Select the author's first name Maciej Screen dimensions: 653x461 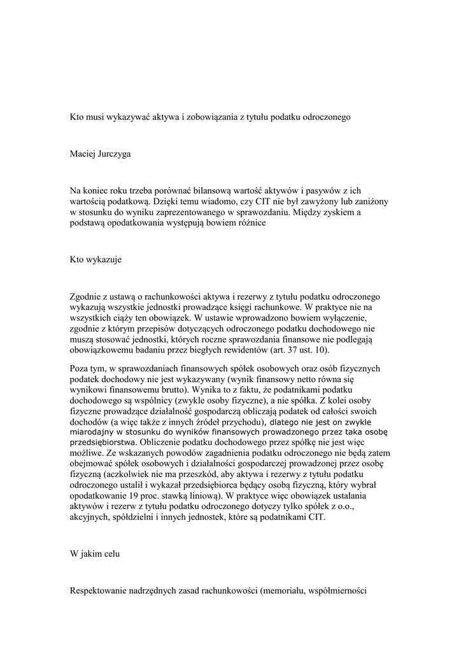pyautogui.click(x=84, y=154)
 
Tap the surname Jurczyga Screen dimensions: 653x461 pyautogui.click(x=115, y=154)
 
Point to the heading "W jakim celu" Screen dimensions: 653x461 pyautogui.click(x=95, y=554)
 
